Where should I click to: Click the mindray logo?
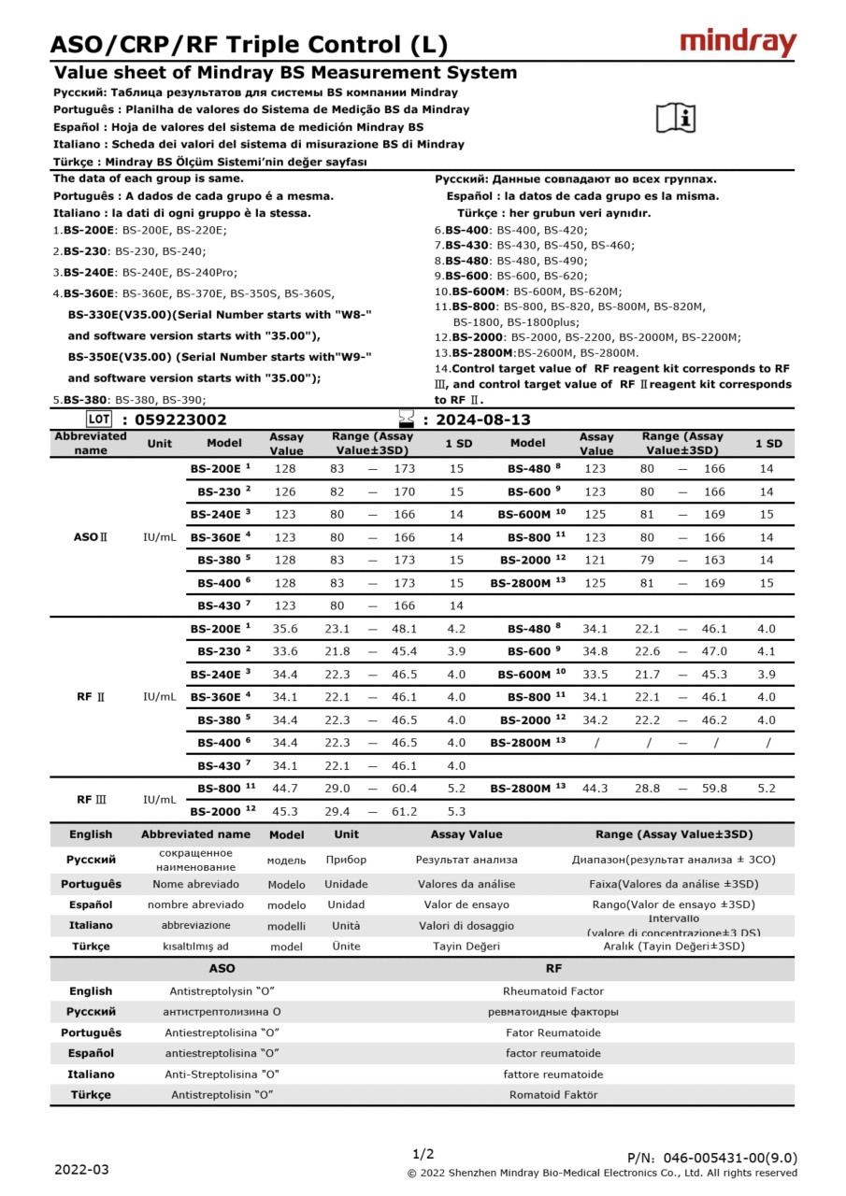point(738,43)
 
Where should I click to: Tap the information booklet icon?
point(676,117)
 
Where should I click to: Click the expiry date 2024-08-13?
point(483,420)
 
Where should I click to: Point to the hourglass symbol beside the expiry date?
point(406,420)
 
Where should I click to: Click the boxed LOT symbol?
point(98,420)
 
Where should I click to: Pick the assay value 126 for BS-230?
point(285,491)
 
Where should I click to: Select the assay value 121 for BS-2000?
point(595,560)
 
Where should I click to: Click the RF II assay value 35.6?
point(285,629)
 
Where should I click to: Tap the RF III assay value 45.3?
point(285,811)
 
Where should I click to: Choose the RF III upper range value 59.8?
point(714,789)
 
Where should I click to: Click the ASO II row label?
point(91,537)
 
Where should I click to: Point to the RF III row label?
point(91,800)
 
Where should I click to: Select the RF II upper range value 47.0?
point(714,651)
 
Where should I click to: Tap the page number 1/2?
point(423,1154)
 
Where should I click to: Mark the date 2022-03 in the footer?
point(81,1169)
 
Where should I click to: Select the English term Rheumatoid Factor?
point(553,991)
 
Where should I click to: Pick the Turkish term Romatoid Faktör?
point(553,1094)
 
